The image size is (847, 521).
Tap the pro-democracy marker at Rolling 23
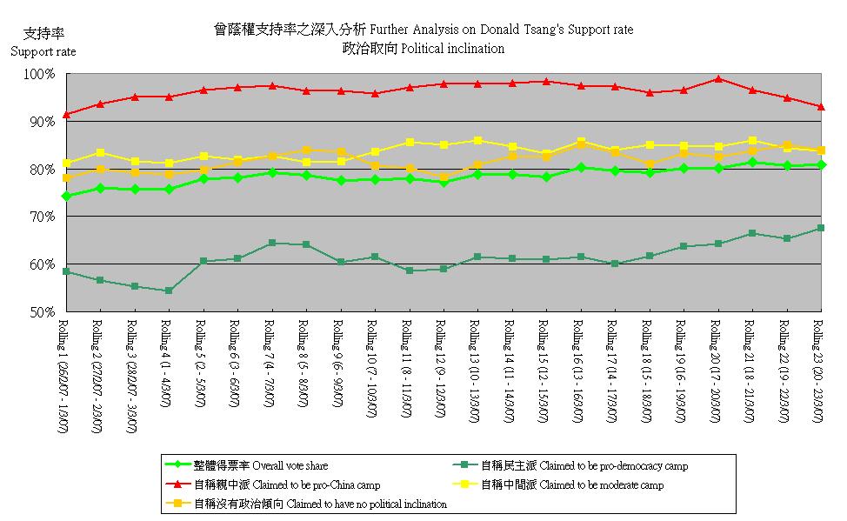pyautogui.click(x=821, y=228)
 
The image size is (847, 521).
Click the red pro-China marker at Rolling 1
pyautogui.click(x=67, y=114)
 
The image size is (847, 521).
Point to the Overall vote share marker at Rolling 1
pyautogui.click(x=67, y=197)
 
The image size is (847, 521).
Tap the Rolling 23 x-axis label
pyautogui.click(x=817, y=369)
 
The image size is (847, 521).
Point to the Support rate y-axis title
pyautogui.click(x=43, y=51)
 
